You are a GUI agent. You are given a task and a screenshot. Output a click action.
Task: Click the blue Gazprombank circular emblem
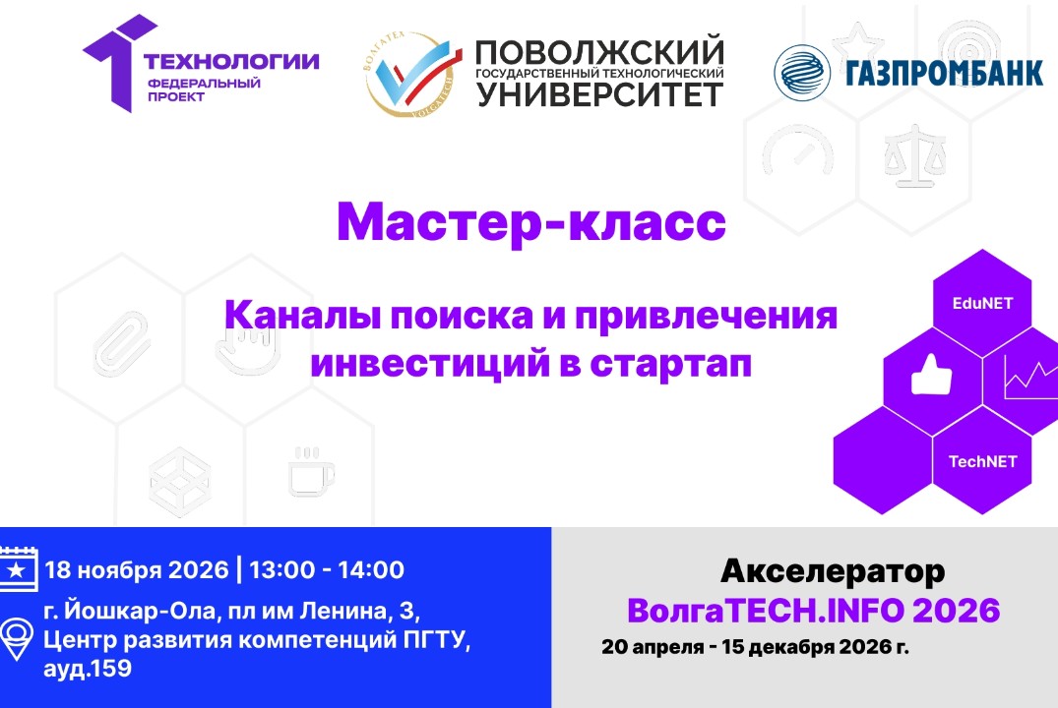point(801,73)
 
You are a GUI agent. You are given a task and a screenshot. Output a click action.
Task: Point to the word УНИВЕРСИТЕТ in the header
point(599,94)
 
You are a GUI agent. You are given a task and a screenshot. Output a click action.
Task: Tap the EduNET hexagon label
point(981,304)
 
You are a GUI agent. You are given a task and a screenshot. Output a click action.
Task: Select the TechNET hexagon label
point(982,460)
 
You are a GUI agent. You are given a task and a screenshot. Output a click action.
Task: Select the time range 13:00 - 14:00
point(327,569)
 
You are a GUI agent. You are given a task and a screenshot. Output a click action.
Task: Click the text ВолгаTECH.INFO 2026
point(814,611)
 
